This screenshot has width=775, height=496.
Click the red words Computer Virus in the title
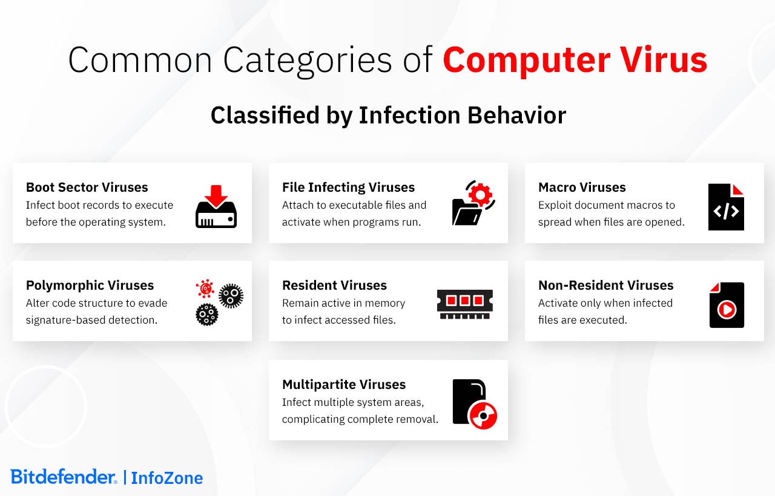click(575, 61)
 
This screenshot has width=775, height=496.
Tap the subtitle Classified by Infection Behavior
click(388, 116)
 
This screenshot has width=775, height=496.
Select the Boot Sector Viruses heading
click(87, 188)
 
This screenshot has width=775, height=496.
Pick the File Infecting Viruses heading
click(348, 188)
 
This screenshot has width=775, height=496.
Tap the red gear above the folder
click(480, 195)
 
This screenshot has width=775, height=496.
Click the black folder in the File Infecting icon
click(466, 212)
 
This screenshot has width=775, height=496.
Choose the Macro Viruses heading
click(582, 188)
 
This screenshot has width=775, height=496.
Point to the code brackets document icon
click(726, 207)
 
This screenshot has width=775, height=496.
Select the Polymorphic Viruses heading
click(90, 286)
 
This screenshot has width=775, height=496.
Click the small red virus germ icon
click(205, 289)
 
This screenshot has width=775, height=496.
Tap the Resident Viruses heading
click(334, 286)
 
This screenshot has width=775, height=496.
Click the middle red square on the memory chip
click(464, 301)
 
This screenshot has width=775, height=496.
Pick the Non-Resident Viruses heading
click(606, 286)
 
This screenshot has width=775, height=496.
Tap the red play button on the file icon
click(726, 309)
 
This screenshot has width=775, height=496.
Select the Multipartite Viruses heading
click(344, 385)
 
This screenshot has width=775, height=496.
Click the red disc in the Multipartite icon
click(483, 416)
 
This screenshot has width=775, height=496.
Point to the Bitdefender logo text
click(64, 477)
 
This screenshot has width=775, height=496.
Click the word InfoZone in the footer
click(167, 478)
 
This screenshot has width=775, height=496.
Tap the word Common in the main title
click(140, 60)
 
